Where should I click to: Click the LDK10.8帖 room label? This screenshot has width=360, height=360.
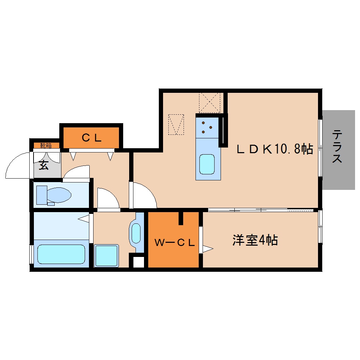point(275,149)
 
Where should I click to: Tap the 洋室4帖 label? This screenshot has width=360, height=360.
point(255,240)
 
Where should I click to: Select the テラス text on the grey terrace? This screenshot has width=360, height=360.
point(337,146)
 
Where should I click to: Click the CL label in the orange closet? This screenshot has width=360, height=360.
point(92,138)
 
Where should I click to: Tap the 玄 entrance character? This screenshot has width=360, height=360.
point(43,165)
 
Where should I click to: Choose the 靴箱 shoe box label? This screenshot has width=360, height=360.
point(46,145)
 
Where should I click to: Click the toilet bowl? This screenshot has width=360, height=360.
point(58,195)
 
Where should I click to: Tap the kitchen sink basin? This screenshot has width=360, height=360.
point(207,164)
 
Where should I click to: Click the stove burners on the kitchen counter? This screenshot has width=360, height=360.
point(207,127)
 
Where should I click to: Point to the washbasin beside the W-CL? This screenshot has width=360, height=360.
point(136,233)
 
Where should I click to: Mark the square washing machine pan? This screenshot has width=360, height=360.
point(106,256)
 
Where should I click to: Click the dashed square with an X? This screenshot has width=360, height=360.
point(210,103)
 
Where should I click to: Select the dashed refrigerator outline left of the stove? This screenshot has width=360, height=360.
point(176,124)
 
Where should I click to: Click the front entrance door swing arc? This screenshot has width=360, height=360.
point(18,166)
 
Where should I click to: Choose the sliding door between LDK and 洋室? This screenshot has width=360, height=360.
point(261,210)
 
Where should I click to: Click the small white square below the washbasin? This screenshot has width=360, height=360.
point(138,262)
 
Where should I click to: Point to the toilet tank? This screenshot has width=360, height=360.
point(41,194)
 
